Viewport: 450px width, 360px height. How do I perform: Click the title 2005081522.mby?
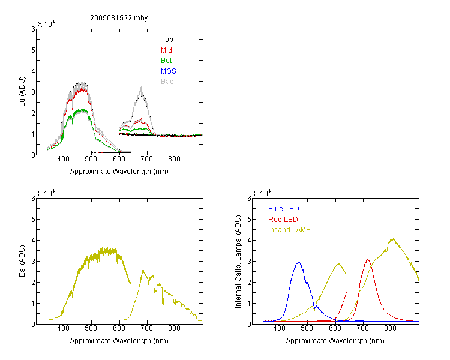[119, 18]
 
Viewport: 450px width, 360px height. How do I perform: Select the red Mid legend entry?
[166, 50]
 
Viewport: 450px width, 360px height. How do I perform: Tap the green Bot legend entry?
[166, 60]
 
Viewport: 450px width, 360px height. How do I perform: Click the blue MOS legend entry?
[168, 71]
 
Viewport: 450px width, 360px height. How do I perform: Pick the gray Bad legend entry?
[167, 81]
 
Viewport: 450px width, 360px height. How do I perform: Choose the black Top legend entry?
[167, 40]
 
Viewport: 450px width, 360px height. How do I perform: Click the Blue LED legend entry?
[284, 208]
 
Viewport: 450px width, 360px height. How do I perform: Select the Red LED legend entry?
[283, 220]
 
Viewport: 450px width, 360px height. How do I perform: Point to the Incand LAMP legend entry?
[289, 230]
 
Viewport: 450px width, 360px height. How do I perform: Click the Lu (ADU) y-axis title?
[22, 92]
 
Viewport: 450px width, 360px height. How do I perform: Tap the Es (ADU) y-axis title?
[22, 261]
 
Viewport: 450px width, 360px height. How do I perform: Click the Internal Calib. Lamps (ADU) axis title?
[238, 262]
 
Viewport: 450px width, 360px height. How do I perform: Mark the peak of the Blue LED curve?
[298, 262]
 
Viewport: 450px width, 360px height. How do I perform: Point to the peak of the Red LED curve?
[368, 260]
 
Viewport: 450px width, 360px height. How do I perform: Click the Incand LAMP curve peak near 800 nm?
[392, 238]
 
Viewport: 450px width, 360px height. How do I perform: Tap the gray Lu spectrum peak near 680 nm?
[141, 87]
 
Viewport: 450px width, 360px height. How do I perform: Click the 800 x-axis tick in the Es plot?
[174, 328]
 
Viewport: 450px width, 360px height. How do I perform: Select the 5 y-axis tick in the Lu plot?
[33, 50]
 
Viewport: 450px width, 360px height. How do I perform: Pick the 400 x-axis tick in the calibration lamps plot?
[279, 328]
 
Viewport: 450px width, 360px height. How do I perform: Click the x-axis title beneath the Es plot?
[119, 341]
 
